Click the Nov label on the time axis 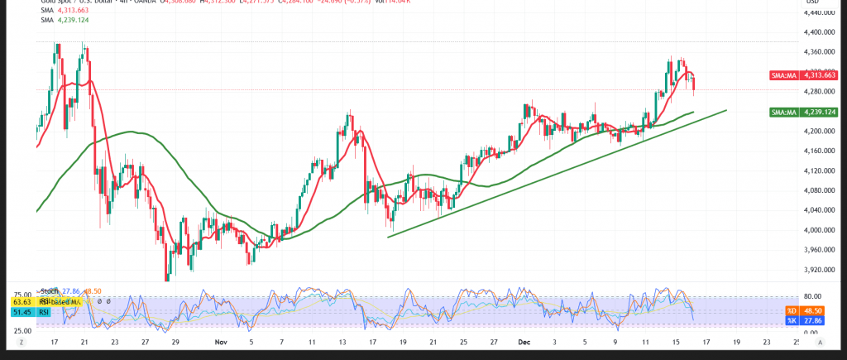click(219, 341)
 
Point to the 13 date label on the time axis click(342, 341)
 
